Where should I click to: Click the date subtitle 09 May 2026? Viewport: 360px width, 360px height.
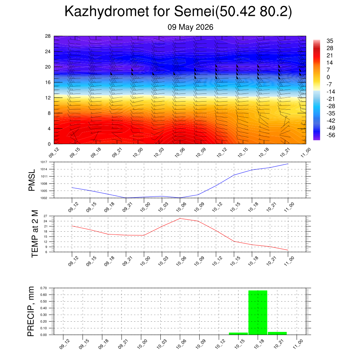[x=190, y=27]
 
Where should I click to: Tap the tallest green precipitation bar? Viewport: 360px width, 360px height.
[x=258, y=313]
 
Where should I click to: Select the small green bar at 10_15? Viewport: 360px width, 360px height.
[x=238, y=334]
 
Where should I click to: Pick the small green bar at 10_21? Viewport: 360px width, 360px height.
[x=277, y=333]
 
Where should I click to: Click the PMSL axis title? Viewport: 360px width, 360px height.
[x=32, y=180]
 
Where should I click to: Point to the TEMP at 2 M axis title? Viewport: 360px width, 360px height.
[x=34, y=234]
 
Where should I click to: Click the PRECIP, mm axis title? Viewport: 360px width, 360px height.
[x=31, y=311]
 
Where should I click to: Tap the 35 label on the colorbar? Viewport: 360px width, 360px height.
[x=330, y=41]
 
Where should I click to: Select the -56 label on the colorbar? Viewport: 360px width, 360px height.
[x=330, y=135]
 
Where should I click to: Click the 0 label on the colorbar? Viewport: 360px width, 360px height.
[x=328, y=77]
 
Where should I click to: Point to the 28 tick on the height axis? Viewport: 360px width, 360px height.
[x=48, y=36]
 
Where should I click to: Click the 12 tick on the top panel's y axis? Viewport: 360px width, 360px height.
[x=48, y=98]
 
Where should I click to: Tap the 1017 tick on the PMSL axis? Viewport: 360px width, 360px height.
[x=44, y=162]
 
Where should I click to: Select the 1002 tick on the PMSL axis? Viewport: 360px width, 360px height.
[x=44, y=198]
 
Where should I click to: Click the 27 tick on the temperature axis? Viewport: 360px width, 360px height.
[x=45, y=216]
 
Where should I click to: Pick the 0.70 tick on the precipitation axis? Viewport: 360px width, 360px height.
[x=43, y=288]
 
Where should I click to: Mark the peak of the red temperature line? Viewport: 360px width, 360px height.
[x=180, y=218]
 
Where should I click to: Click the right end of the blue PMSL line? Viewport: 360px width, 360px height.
[x=288, y=164]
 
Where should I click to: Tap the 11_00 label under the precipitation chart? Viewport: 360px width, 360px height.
[x=298, y=344]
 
